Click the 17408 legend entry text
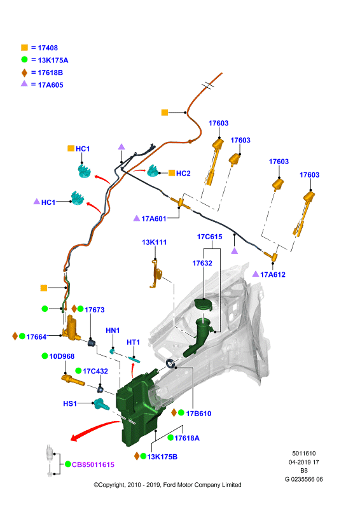(x=48, y=48)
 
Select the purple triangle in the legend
(x=24, y=84)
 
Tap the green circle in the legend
(x=24, y=59)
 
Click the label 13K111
(x=154, y=242)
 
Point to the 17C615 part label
(x=210, y=237)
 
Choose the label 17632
(x=202, y=263)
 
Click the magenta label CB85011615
(x=93, y=464)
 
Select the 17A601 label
(x=153, y=218)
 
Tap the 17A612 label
(x=273, y=275)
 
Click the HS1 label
(x=70, y=403)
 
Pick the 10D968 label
(x=62, y=356)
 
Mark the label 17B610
(x=198, y=413)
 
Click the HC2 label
(x=183, y=173)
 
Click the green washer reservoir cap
(x=203, y=305)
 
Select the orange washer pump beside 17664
(x=71, y=328)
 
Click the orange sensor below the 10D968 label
(x=73, y=380)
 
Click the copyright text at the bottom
(x=167, y=485)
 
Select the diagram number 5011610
(x=304, y=453)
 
